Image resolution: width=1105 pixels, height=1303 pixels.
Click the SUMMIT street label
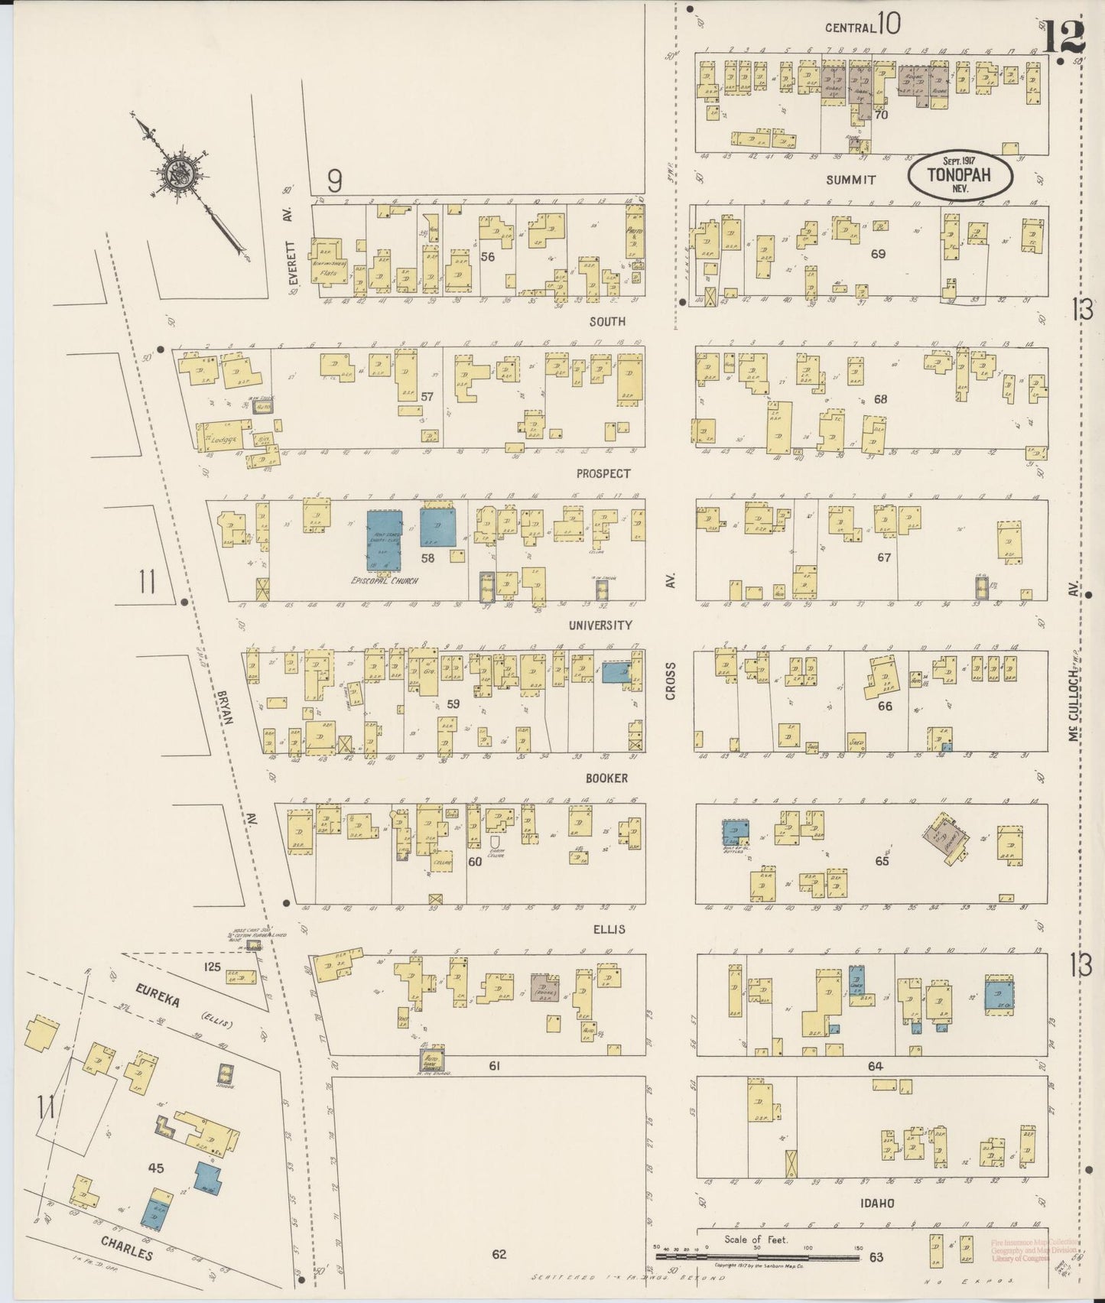(x=850, y=180)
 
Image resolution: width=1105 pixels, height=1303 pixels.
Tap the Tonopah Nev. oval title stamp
(x=960, y=176)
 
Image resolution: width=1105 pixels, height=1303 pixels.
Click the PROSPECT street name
(x=603, y=474)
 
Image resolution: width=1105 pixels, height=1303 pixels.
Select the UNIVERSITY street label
(x=600, y=626)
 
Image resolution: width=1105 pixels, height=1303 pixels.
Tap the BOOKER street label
(x=606, y=778)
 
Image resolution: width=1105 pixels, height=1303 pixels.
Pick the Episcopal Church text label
(x=384, y=580)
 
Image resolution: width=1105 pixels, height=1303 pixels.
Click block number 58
(x=427, y=558)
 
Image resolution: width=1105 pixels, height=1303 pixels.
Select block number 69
(x=877, y=253)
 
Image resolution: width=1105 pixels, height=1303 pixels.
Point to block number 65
(x=882, y=860)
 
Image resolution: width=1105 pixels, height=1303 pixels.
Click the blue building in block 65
(x=736, y=833)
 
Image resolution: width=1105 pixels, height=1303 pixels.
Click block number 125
(x=212, y=967)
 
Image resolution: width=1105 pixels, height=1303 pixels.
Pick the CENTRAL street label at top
(x=850, y=28)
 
